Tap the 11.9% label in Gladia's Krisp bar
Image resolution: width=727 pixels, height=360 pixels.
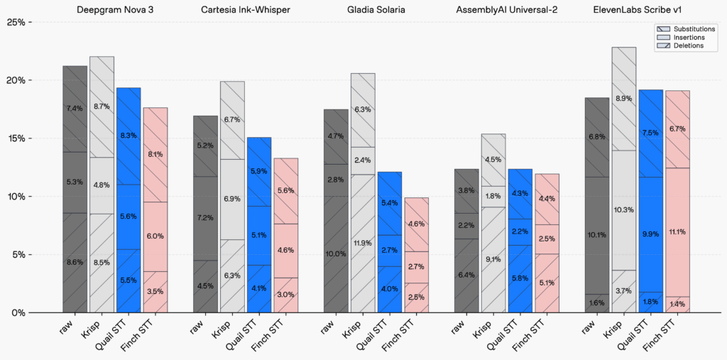click(362, 243)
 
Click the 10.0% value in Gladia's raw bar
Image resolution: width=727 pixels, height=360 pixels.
click(336, 253)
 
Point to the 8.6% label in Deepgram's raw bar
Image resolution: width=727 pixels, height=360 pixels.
click(75, 262)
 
